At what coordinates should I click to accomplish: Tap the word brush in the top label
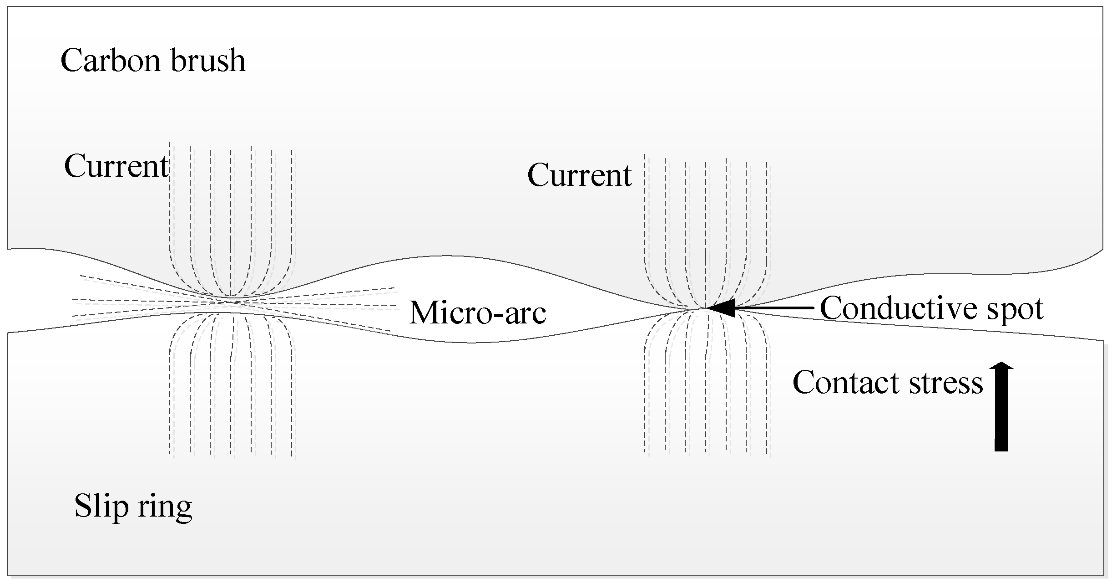click(208, 61)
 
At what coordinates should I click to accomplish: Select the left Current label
click(116, 167)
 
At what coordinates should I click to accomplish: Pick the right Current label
click(579, 175)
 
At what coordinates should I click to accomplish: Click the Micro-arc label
click(477, 313)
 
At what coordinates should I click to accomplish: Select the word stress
click(946, 383)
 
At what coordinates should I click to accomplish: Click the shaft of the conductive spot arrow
click(773, 308)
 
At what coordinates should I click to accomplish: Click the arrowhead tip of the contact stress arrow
click(1001, 363)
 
